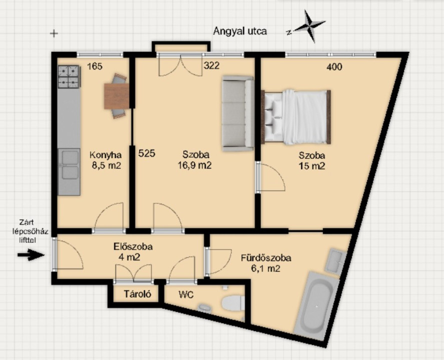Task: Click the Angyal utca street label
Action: click(240, 31)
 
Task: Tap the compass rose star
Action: click(310, 26)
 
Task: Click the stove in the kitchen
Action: click(69, 76)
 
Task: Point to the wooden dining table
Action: click(117, 96)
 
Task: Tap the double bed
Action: click(296, 117)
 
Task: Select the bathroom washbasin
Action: click(336, 260)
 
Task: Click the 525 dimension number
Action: click(147, 153)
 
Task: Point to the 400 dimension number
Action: click(334, 67)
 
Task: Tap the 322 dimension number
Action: click(212, 65)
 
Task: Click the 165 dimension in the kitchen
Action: click(95, 66)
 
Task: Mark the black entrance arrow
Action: click(31, 255)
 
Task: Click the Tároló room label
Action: click(137, 294)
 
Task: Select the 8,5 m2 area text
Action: click(106, 165)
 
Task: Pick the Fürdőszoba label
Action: click(266, 258)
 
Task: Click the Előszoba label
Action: click(133, 246)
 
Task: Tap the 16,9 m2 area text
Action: click(195, 165)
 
